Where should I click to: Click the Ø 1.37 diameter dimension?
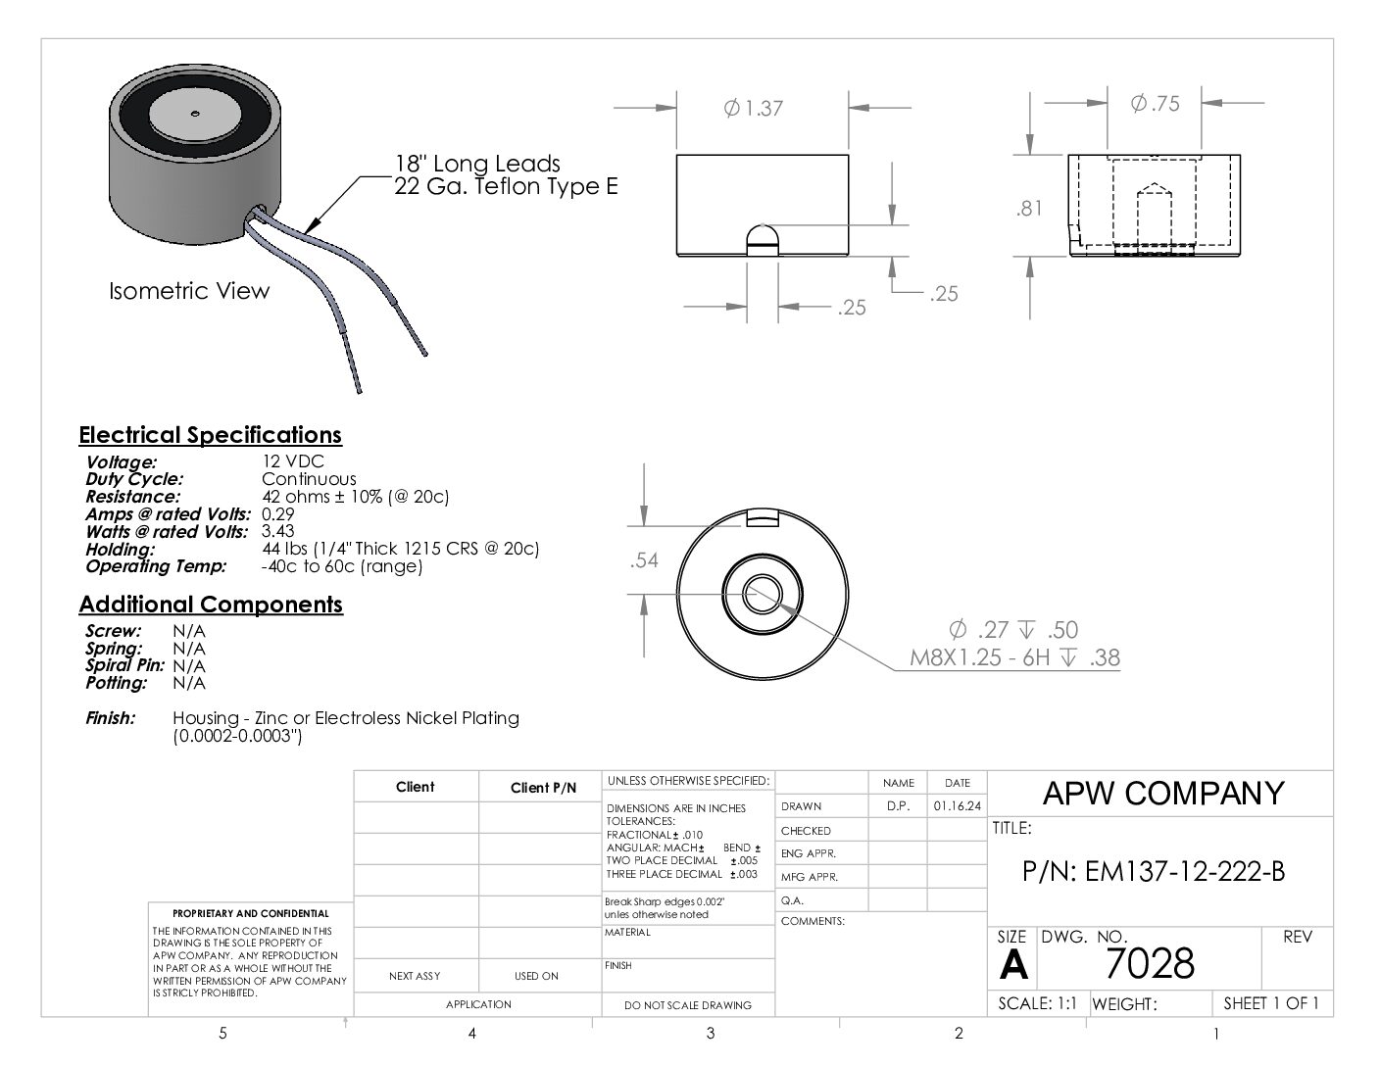[x=754, y=108]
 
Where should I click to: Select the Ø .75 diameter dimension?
[x=1155, y=103]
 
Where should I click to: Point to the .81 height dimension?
[x=1029, y=208]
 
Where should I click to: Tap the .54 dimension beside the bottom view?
[x=644, y=560]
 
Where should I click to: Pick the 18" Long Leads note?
[x=477, y=164]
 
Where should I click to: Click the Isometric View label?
[x=188, y=291]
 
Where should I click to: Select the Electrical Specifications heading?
[x=210, y=435]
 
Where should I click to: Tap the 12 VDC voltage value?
[x=292, y=461]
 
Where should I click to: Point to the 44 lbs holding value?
[x=399, y=549]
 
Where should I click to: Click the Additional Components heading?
[x=211, y=605]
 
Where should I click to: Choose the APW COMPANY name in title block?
[x=1162, y=793]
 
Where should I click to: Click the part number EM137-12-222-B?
[x=1153, y=871]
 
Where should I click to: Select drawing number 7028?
[x=1150, y=964]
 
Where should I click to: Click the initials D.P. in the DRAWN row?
[x=898, y=806]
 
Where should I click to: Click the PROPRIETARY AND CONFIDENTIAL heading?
[x=251, y=913]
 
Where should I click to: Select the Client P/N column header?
[x=543, y=788]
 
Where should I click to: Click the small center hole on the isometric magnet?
[x=195, y=111]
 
